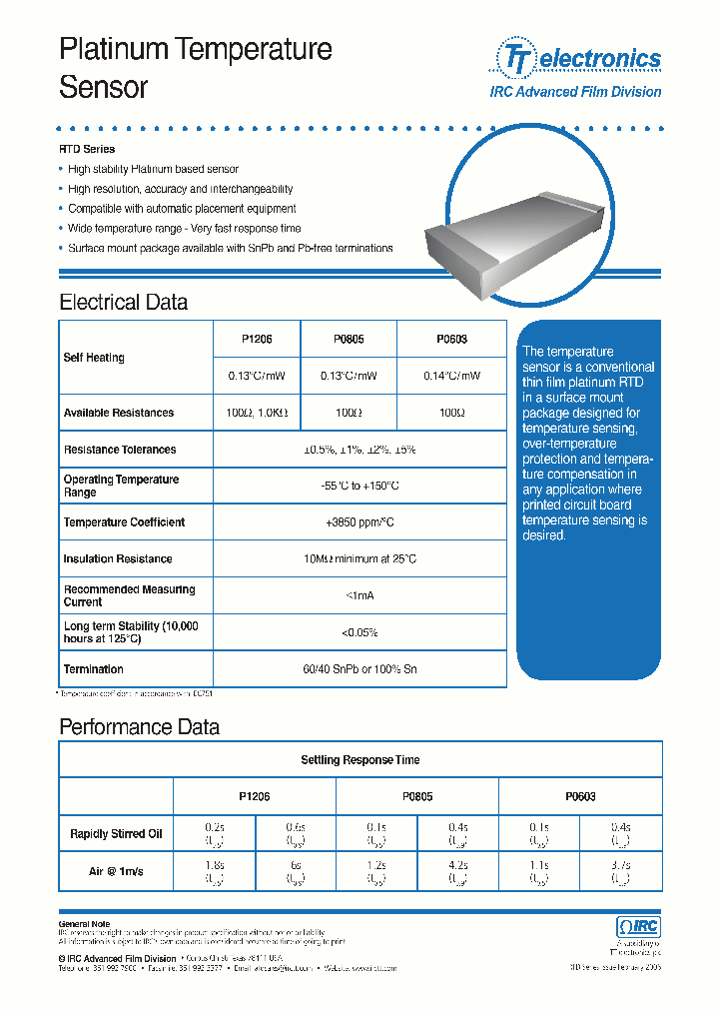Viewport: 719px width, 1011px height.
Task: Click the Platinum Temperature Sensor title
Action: pyautogui.click(x=196, y=67)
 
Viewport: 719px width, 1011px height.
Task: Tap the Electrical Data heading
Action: pyautogui.click(x=123, y=302)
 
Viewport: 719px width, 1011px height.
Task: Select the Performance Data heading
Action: pyautogui.click(x=139, y=726)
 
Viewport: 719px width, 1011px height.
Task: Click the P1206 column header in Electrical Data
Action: pyautogui.click(x=257, y=339)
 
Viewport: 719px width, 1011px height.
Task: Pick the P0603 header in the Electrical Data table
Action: pyautogui.click(x=451, y=339)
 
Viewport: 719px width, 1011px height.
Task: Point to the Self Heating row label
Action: pyautogui.click(x=94, y=358)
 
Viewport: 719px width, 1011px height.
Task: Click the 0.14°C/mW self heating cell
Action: pyautogui.click(x=451, y=376)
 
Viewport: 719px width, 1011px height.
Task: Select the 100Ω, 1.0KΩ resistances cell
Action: pyautogui.click(x=257, y=413)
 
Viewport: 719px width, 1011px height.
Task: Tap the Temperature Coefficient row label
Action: pyautogui.click(x=124, y=522)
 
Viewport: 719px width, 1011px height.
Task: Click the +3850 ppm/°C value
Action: pyautogui.click(x=359, y=522)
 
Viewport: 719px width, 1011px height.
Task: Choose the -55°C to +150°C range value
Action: pyautogui.click(x=359, y=486)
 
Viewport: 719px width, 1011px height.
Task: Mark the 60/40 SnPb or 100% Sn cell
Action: pyautogui.click(x=359, y=669)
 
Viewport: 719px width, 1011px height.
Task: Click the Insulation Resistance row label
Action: pyautogui.click(x=118, y=559)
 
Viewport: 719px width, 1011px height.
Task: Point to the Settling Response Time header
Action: pyautogui.click(x=360, y=760)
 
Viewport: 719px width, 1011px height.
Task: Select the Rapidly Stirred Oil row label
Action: pyautogui.click(x=116, y=834)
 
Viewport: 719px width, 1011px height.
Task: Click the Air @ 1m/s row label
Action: pyautogui.click(x=116, y=871)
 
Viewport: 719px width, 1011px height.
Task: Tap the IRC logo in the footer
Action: pyautogui.click(x=638, y=926)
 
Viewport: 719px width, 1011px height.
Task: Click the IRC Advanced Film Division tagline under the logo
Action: pyautogui.click(x=575, y=92)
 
